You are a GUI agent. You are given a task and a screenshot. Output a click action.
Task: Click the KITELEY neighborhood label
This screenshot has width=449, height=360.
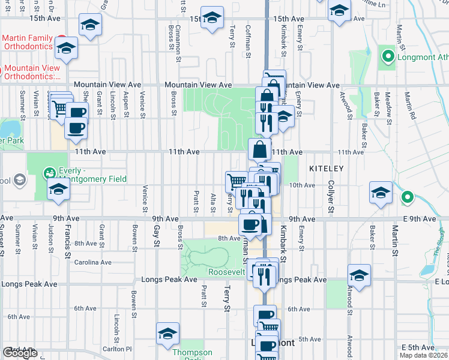click(327, 169)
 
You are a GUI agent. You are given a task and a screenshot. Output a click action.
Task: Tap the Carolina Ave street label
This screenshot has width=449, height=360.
click(92, 262)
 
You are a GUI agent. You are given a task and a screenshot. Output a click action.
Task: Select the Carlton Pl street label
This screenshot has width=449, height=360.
click(117, 349)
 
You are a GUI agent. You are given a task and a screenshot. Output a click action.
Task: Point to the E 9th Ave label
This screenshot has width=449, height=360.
click(420, 219)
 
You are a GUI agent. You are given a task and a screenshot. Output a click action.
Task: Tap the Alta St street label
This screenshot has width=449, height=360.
click(213, 202)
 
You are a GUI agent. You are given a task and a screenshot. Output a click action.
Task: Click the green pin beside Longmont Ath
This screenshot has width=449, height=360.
click(388, 58)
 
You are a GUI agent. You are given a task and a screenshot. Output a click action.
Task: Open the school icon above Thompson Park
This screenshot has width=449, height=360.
click(167, 334)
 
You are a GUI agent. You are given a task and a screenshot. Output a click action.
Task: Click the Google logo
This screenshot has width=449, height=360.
click(20, 353)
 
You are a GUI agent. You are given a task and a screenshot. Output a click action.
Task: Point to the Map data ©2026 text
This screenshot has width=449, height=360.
click(423, 355)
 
